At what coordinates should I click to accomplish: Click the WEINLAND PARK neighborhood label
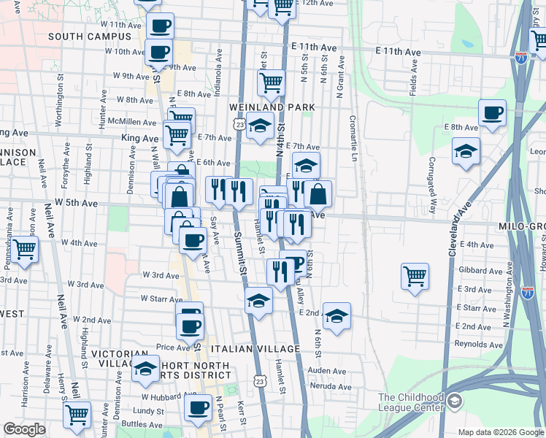pyautogui.click(x=272, y=107)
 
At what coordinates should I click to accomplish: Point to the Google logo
pyautogui.click(x=24, y=429)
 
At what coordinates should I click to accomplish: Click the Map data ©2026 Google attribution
pyautogui.click(x=500, y=432)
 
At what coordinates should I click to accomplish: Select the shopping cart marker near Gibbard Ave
pyautogui.click(x=415, y=276)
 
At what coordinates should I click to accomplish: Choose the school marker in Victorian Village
pyautogui.click(x=145, y=369)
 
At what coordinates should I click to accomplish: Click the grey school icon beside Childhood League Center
pyautogui.click(x=455, y=401)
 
